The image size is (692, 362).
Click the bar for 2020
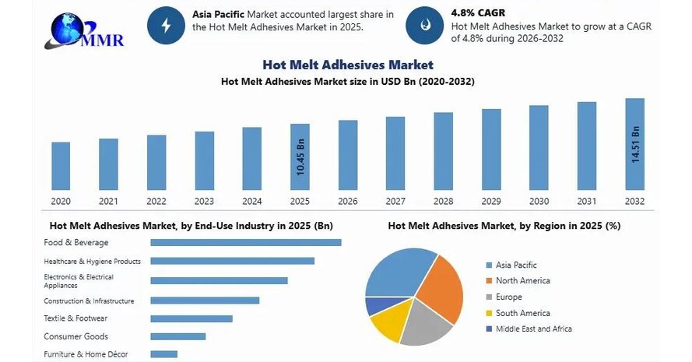[x=61, y=166]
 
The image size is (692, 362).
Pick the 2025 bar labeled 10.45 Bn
[x=300, y=156]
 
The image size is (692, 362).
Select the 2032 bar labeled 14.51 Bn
[x=635, y=144]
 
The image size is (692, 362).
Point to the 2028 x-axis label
[x=443, y=201]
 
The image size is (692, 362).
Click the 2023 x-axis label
[x=204, y=201]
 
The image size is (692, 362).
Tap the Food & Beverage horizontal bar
[x=246, y=242]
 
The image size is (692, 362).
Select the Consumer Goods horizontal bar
[x=177, y=336]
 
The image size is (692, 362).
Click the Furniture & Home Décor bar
[x=163, y=354]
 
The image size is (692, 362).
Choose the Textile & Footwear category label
[x=76, y=318]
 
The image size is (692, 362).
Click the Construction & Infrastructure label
[x=89, y=300]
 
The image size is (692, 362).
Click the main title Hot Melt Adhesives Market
[x=347, y=65]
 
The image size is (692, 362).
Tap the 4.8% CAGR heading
[x=476, y=12]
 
